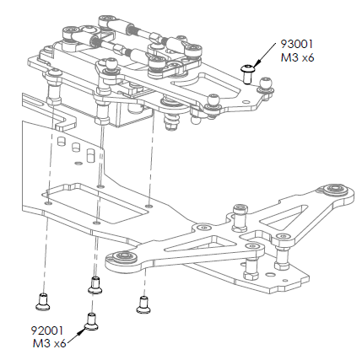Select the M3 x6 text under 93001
click(x=298, y=59)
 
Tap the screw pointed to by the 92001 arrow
click(x=91, y=320)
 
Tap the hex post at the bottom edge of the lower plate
click(x=251, y=271)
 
